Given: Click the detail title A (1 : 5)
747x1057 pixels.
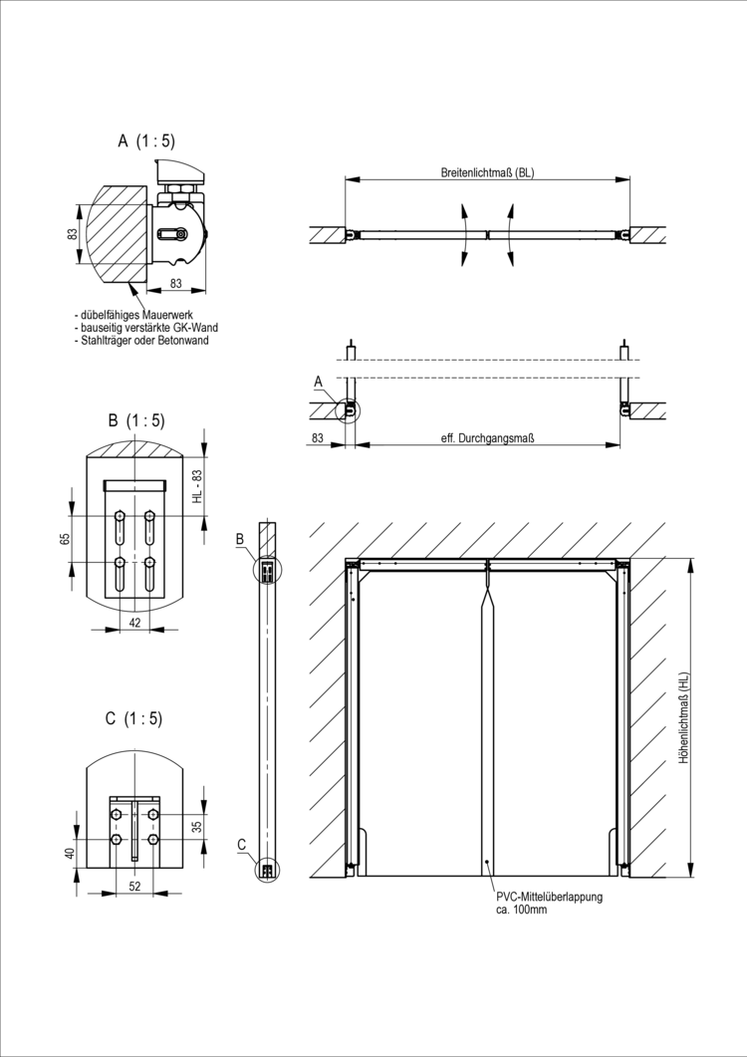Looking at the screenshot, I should pos(146,141).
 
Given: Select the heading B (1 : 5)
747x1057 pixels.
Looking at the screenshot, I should pos(136,419).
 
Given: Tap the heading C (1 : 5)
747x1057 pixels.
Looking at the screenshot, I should pos(132,718).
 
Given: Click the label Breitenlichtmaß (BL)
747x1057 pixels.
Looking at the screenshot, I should pos(488,172).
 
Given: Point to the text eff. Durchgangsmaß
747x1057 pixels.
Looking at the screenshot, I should pos(481,437).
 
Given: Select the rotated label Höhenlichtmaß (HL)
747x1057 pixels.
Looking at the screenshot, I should pos(683,716).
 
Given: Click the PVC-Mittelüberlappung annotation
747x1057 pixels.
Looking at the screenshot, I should pos(549,897).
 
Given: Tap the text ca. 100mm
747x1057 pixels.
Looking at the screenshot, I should pos(521,910).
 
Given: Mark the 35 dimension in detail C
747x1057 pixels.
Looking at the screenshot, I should pos(197,826).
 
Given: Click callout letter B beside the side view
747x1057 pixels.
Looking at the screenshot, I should pos(240,539).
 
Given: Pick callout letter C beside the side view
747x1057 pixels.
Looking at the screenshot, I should pos(242,844).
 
